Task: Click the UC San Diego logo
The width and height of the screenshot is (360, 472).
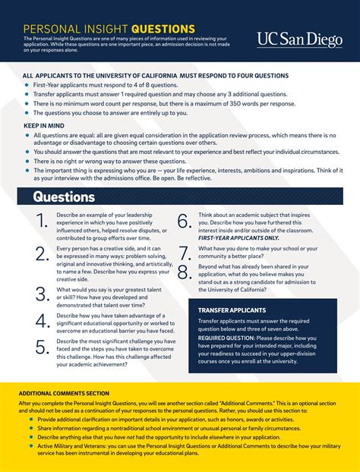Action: point(299,39)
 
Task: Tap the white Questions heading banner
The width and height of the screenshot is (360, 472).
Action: point(65,197)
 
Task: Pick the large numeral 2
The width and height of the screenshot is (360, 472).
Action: point(42,253)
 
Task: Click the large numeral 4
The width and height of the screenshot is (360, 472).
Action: point(42,321)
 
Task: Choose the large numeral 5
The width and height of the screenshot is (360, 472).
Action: point(42,348)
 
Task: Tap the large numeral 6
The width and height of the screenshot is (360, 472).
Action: point(184,222)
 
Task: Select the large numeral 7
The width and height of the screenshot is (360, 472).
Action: point(184,253)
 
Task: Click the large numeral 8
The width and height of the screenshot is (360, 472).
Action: point(184,272)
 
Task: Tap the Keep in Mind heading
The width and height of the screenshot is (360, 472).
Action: point(43,126)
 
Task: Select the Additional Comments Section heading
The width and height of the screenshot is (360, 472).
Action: point(64,393)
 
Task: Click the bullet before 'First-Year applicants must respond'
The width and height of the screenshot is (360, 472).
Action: point(27,86)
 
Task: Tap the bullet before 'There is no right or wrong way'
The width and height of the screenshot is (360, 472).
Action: point(27,162)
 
